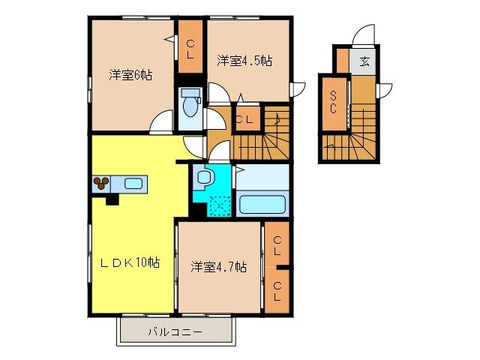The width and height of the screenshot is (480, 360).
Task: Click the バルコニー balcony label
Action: coord(173,331)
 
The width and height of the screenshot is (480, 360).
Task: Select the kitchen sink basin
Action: coord(134,183)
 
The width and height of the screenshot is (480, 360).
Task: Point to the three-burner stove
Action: coord(101,182)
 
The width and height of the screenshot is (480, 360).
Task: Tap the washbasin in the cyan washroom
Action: coord(205,178)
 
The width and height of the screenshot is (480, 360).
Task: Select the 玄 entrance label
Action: coord(364,61)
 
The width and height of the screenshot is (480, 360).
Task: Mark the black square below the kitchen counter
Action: coord(112,199)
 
